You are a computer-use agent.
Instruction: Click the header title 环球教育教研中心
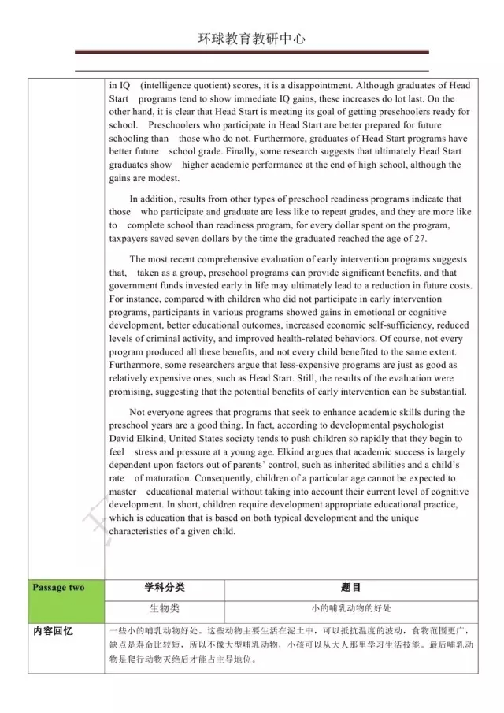251,39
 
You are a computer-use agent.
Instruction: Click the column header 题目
350,588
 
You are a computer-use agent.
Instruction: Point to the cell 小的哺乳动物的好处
350,609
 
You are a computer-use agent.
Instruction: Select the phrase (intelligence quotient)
186,85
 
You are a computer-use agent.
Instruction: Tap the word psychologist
435,425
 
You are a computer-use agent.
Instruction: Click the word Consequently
226,478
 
